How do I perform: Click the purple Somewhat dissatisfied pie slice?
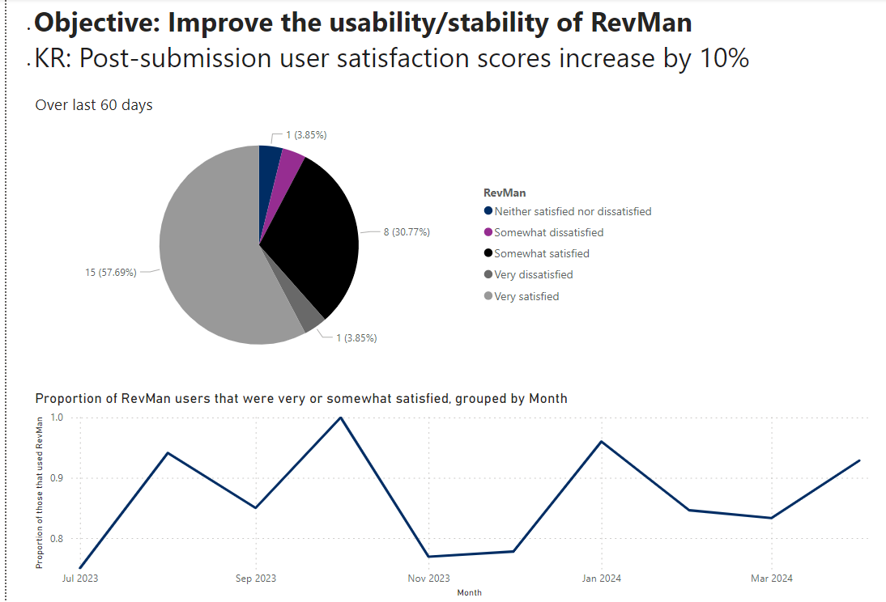(x=291, y=163)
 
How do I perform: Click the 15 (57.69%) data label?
(x=111, y=273)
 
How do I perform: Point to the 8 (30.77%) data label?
(x=407, y=232)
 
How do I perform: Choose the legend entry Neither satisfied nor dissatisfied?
(x=573, y=211)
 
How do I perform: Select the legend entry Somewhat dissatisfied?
(x=548, y=232)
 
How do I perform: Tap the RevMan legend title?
(x=504, y=193)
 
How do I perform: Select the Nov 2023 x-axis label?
(x=428, y=579)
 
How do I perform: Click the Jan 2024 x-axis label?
(x=600, y=579)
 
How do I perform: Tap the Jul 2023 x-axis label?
(x=79, y=579)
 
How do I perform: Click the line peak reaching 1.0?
(x=341, y=418)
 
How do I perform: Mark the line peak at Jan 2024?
(x=601, y=442)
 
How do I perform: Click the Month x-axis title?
(x=469, y=593)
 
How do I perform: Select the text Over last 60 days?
(x=94, y=105)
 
